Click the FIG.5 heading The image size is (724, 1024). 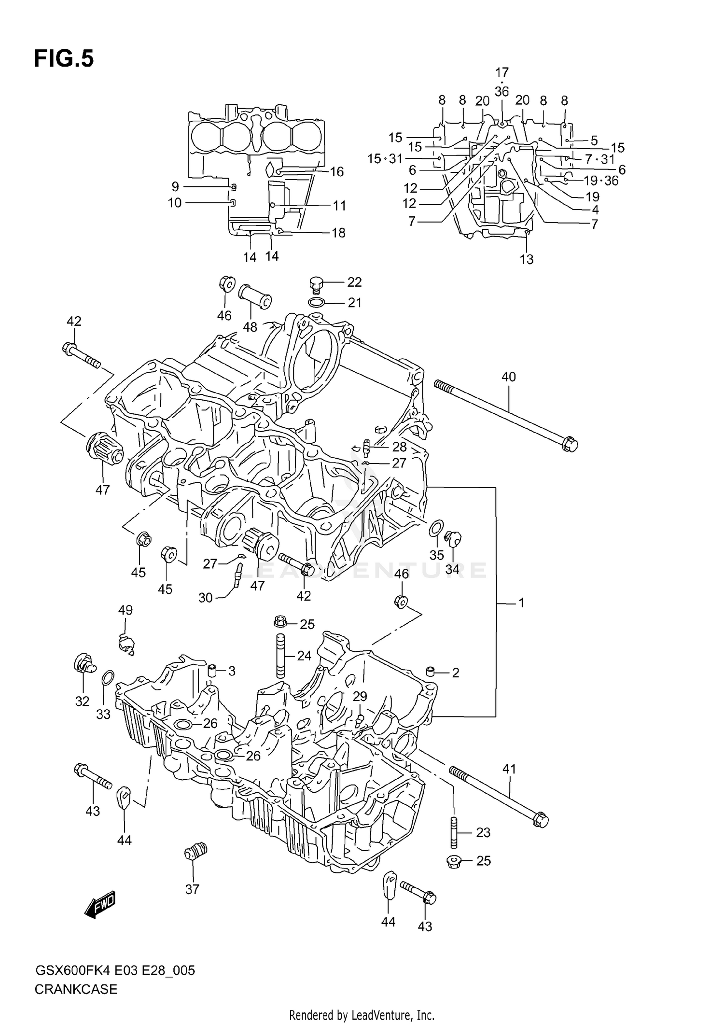[64, 59]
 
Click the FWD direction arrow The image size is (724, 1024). [100, 903]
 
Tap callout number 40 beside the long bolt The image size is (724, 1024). [509, 377]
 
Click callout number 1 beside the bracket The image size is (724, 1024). [521, 603]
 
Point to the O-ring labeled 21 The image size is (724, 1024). [316, 303]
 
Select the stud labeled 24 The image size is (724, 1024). [280, 657]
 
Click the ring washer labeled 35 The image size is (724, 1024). [436, 528]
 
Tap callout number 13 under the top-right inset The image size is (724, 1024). [527, 259]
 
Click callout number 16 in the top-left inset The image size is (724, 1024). [336, 171]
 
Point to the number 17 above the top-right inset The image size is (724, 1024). [502, 72]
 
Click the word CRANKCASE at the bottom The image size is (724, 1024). [76, 989]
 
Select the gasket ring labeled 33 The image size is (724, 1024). [109, 678]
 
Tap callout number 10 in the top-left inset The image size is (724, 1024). [175, 203]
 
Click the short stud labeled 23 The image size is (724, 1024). [454, 832]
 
